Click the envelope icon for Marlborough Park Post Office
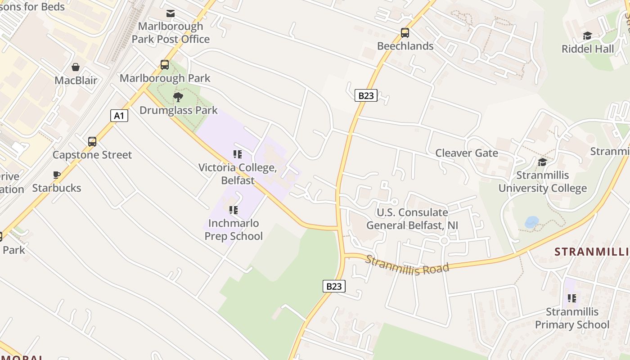pyautogui.click(x=171, y=13)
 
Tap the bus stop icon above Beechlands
pyautogui.click(x=405, y=33)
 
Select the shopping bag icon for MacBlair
pyautogui.click(x=76, y=67)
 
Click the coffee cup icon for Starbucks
pyautogui.click(x=57, y=175)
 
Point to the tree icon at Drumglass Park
pyautogui.click(x=178, y=97)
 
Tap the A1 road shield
pyautogui.click(x=119, y=116)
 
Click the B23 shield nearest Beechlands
pyautogui.click(x=365, y=95)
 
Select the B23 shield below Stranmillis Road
pyautogui.click(x=334, y=286)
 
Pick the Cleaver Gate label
pyautogui.click(x=466, y=153)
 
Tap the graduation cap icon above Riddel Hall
pyautogui.click(x=587, y=36)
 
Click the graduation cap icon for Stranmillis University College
pyautogui.click(x=542, y=162)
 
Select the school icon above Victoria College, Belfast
pyautogui.click(x=238, y=154)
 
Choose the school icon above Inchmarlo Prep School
pyautogui.click(x=233, y=210)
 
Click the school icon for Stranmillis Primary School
pyautogui.click(x=572, y=298)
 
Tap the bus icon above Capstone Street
pyautogui.click(x=92, y=142)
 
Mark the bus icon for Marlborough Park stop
pyautogui.click(x=165, y=65)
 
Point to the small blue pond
pyautogui.click(x=531, y=222)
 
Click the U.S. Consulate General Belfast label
pyautogui.click(x=412, y=219)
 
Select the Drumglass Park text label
pyautogui.click(x=178, y=110)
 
